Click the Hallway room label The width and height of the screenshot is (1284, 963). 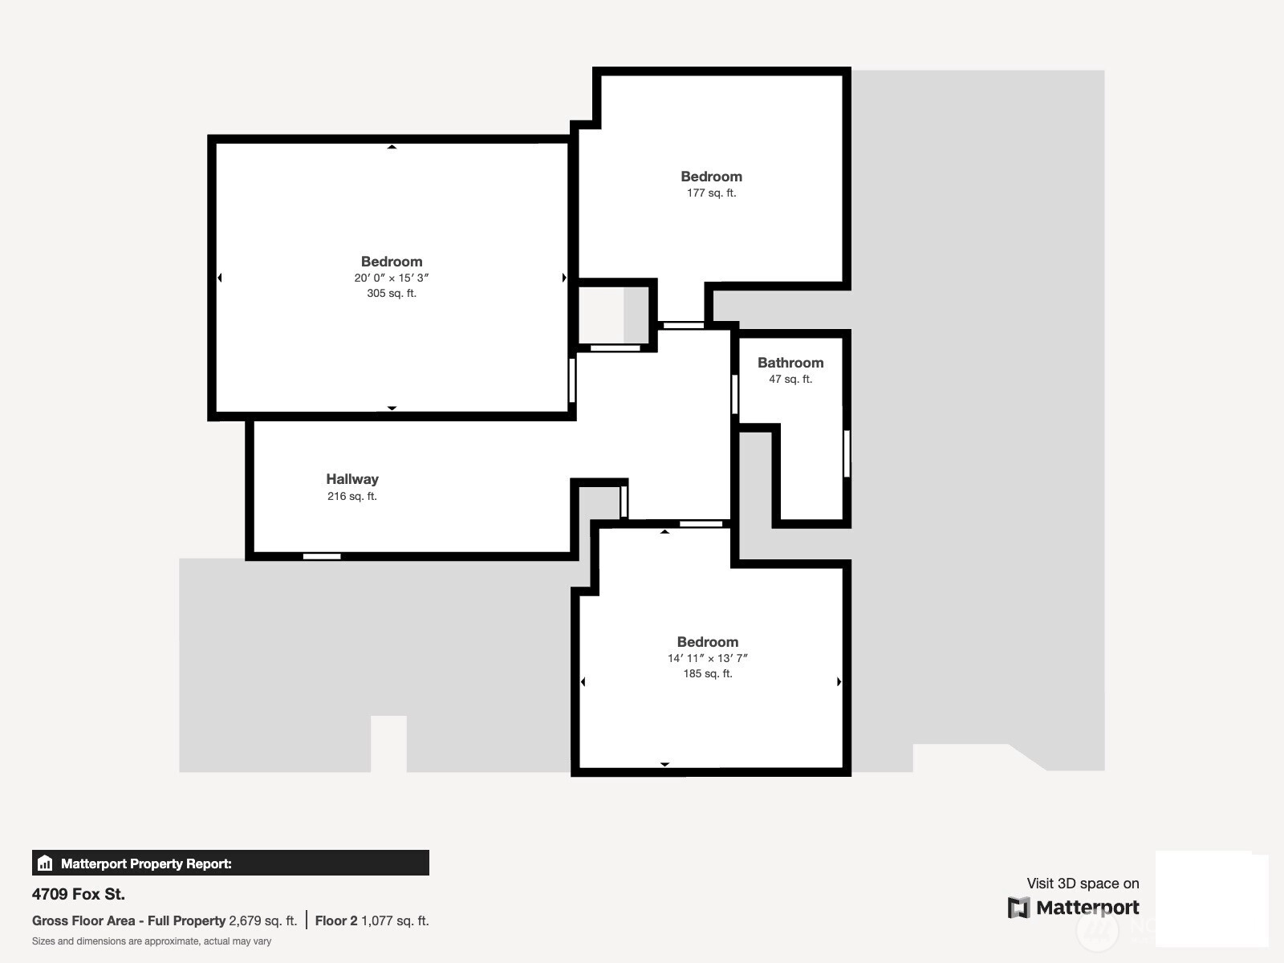pos(352,479)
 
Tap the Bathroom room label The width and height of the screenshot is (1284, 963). pos(790,363)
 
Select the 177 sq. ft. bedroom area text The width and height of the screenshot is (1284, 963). pos(711,193)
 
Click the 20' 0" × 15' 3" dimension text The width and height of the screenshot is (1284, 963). pos(392,278)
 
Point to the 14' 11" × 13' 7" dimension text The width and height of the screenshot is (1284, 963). pos(707,658)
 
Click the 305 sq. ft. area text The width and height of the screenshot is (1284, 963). pos(392,293)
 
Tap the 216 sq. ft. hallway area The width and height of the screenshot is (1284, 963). pos(352,496)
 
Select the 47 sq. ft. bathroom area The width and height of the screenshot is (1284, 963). pos(790,379)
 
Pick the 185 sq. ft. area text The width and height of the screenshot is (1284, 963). pos(707,673)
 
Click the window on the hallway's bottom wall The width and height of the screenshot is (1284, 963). pos(322,556)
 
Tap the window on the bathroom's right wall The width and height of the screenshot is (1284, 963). pos(847,453)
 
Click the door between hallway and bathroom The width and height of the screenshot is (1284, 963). pos(735,394)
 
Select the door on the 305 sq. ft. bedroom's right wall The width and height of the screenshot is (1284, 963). pos(572,380)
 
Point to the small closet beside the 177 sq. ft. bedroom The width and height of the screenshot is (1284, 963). pos(614,315)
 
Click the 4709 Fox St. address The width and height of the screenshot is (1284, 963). pos(79,894)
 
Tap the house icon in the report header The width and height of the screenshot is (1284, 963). pos(45,863)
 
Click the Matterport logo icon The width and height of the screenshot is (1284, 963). pos(1018,908)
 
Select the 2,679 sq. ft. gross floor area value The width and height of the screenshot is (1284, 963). pos(262,921)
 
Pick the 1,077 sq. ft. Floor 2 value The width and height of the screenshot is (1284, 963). pos(395,921)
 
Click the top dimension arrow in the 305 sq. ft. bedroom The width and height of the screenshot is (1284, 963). pos(392,147)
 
